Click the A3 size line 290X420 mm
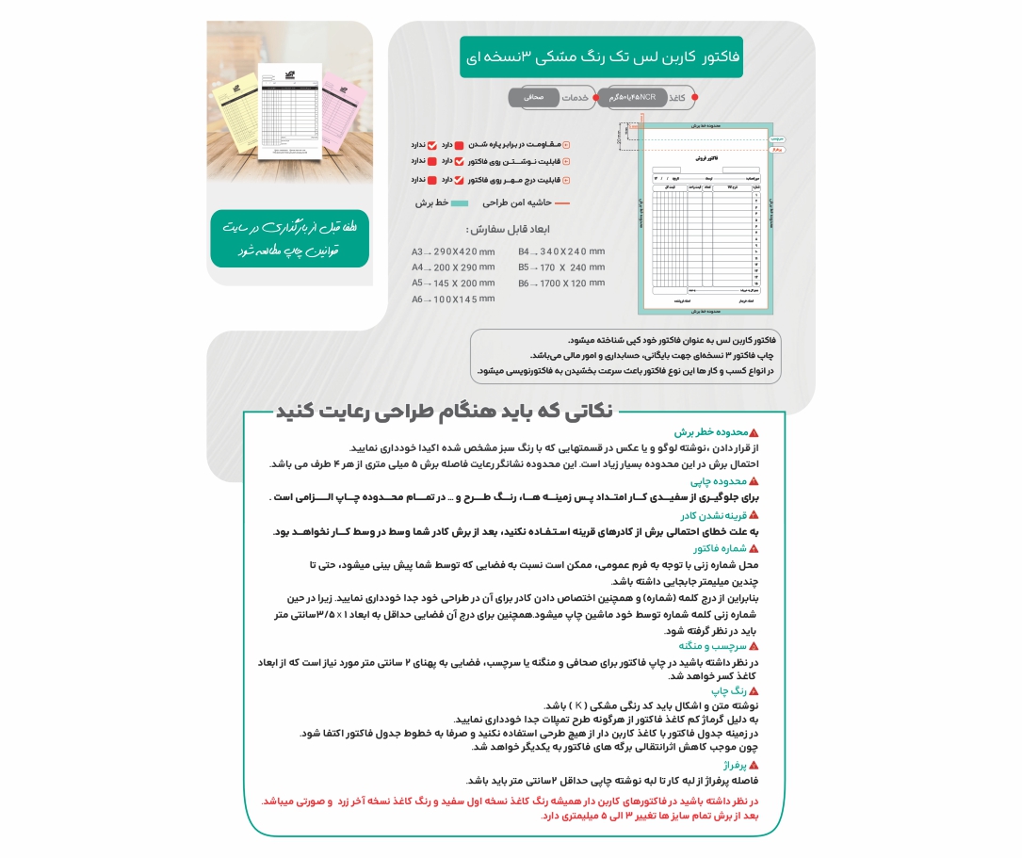[453, 252]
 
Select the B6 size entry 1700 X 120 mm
[561, 283]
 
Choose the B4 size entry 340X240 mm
[561, 251]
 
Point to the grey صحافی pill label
[533, 97]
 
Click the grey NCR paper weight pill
[633, 97]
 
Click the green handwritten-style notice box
[290, 239]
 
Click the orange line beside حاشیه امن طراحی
[562, 202]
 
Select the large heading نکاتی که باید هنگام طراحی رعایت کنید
[444, 412]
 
